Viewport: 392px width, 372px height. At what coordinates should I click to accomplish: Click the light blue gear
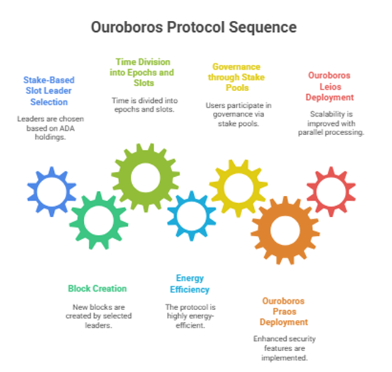point(191,214)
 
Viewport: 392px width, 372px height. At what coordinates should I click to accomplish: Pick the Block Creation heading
point(98,288)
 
